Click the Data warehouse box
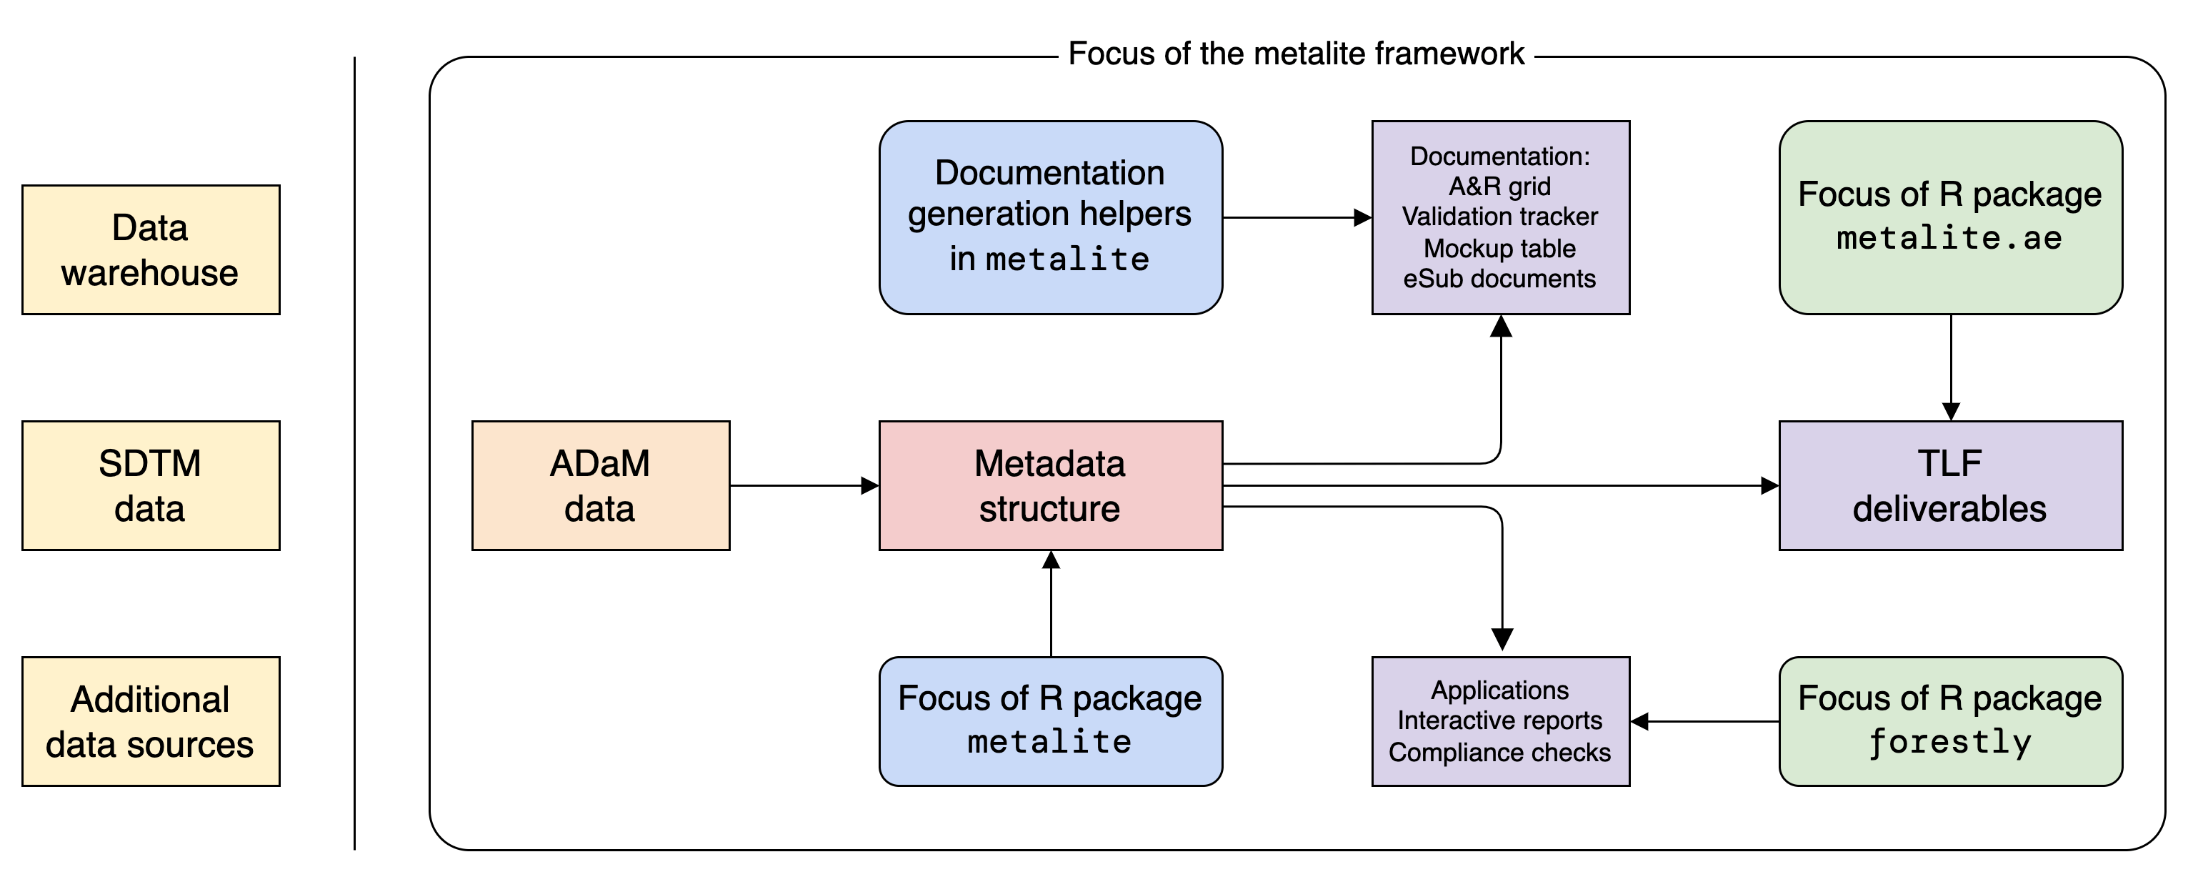click(150, 250)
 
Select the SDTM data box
click(150, 485)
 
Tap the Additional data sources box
click(150, 721)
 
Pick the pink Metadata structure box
click(1051, 485)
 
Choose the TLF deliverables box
click(1950, 485)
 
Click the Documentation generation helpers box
click(1051, 217)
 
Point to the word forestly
click(1950, 742)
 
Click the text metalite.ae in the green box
click(1950, 239)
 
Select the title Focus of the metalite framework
click(1296, 54)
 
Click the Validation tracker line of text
click(1500, 217)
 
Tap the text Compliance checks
click(1500, 752)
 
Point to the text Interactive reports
click(1500, 720)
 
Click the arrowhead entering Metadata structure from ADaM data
click(871, 485)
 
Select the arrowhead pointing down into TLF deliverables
click(1951, 411)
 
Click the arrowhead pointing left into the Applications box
click(1640, 721)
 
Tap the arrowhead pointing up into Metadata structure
click(1051, 560)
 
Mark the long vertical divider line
click(354, 453)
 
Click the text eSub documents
click(1500, 279)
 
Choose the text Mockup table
click(1500, 248)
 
